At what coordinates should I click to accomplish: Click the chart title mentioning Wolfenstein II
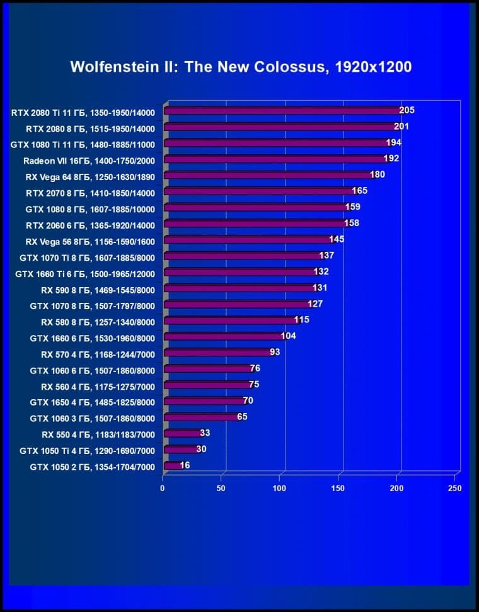[x=241, y=67]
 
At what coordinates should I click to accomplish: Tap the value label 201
[x=401, y=127]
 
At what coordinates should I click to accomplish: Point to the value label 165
[x=359, y=191]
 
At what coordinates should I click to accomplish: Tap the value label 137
[x=326, y=255]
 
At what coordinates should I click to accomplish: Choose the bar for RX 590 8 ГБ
[x=239, y=289]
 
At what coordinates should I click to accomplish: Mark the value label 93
[x=275, y=352]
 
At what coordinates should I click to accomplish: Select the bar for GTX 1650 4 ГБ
[x=204, y=401]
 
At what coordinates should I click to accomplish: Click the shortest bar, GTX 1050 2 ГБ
[x=173, y=467]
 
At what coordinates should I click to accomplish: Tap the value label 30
[x=201, y=449]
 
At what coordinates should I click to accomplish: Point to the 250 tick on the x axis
[x=454, y=489]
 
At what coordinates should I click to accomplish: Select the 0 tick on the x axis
[x=163, y=489]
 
